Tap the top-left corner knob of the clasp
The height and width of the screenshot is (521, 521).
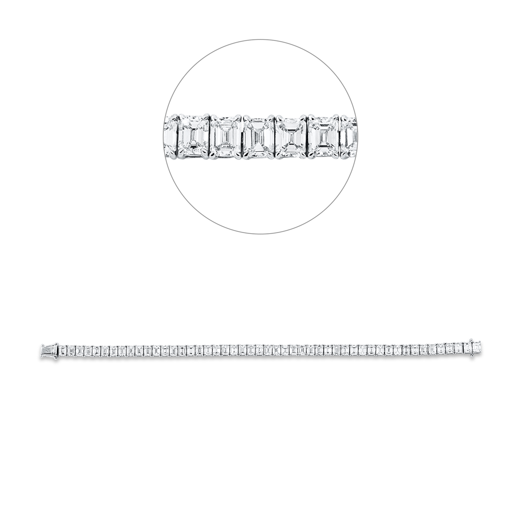(42, 343)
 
